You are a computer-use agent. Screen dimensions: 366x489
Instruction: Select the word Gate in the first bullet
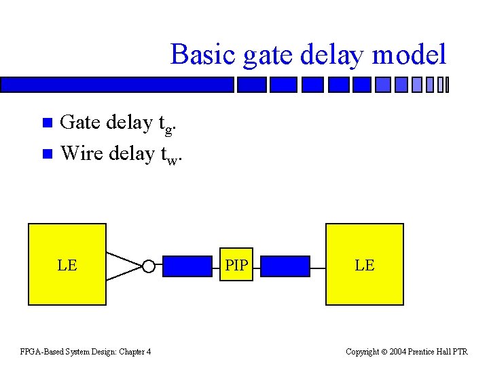[x=79, y=123]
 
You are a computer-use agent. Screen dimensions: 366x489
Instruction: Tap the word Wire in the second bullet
[x=79, y=154]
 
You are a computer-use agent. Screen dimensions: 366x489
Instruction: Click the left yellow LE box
[x=67, y=264]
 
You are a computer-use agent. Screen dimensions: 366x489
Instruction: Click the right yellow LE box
[x=365, y=264]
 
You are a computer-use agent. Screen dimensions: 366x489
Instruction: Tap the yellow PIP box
[x=236, y=265]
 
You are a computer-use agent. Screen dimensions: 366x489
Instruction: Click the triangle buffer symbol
[x=124, y=266]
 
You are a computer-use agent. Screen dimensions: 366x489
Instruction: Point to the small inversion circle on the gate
[x=149, y=266]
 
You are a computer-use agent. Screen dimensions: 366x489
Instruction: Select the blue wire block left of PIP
[x=187, y=266]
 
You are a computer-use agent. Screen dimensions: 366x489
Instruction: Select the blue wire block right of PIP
[x=285, y=266]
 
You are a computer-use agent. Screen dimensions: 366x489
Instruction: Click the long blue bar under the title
[x=117, y=85]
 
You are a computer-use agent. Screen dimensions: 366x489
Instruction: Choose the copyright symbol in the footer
[x=384, y=351]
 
